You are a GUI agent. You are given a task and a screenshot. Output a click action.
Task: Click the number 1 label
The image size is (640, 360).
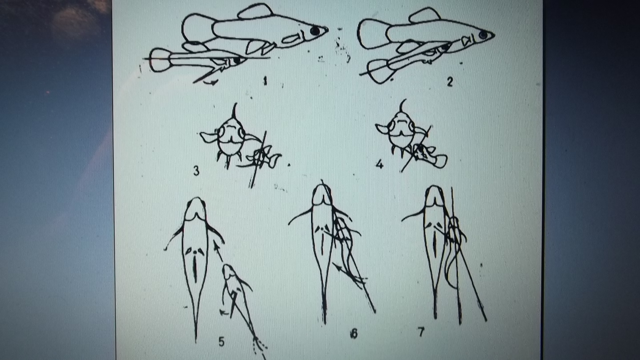click(x=265, y=81)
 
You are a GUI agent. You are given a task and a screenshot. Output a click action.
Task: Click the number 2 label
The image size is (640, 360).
click(x=450, y=82)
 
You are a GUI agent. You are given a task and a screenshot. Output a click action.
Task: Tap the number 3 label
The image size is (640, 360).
click(x=196, y=171)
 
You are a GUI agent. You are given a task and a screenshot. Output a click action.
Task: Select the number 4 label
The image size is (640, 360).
click(x=380, y=164)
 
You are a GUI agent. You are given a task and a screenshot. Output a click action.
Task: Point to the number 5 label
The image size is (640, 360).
click(x=222, y=342)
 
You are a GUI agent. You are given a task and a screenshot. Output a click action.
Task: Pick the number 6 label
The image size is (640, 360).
click(x=354, y=333)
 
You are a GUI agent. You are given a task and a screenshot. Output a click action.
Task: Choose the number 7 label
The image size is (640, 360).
click(x=421, y=332)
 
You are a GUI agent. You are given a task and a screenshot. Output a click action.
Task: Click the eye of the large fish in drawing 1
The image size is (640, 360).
click(x=315, y=31)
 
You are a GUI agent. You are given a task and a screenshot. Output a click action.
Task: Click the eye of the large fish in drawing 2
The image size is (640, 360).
click(x=483, y=35)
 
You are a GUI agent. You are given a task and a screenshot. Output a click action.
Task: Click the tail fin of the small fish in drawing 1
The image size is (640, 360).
click(x=160, y=60)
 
